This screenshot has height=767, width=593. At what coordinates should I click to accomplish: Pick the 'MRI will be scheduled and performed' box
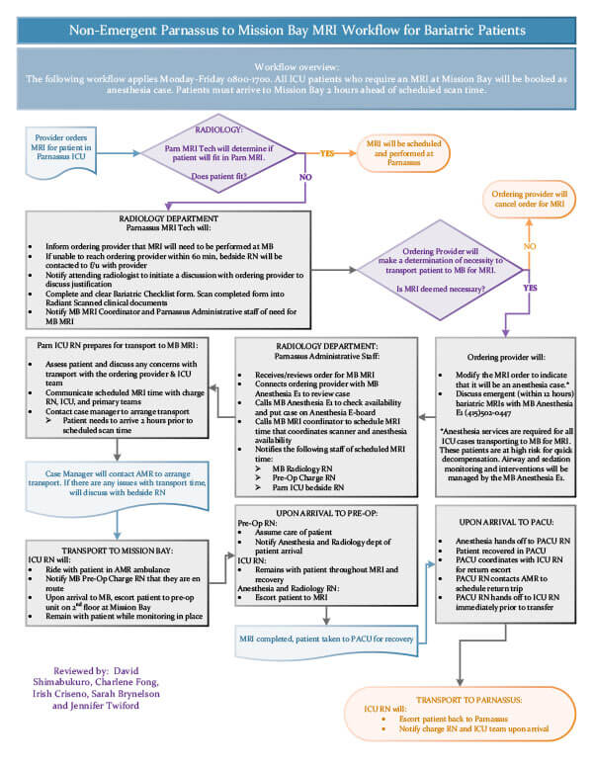[x=399, y=153]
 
